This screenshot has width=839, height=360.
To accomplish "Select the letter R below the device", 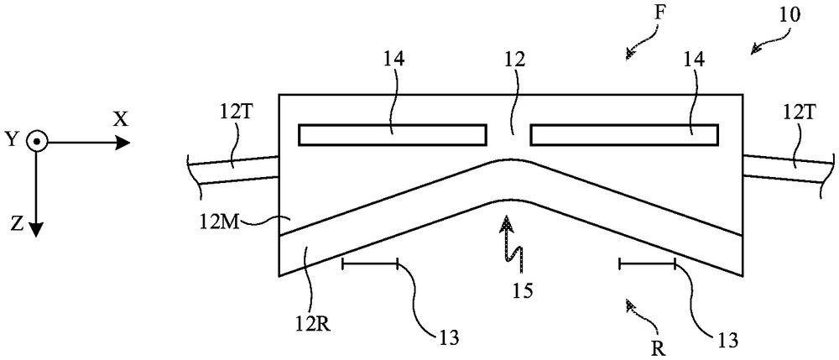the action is point(659,350).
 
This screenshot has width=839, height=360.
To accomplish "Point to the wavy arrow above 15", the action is point(512,241).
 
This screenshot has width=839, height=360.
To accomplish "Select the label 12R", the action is point(313,325).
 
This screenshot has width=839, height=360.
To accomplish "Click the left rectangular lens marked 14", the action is point(393,135).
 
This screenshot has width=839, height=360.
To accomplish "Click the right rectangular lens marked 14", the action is point(624,135).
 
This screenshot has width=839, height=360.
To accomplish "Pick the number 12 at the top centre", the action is point(513,60).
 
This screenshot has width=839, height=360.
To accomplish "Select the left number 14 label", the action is point(393,60).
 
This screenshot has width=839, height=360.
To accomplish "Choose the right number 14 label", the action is point(694,60).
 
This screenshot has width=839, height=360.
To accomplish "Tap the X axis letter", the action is point(122,120).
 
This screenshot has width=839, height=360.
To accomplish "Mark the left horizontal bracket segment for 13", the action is point(370,263).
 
